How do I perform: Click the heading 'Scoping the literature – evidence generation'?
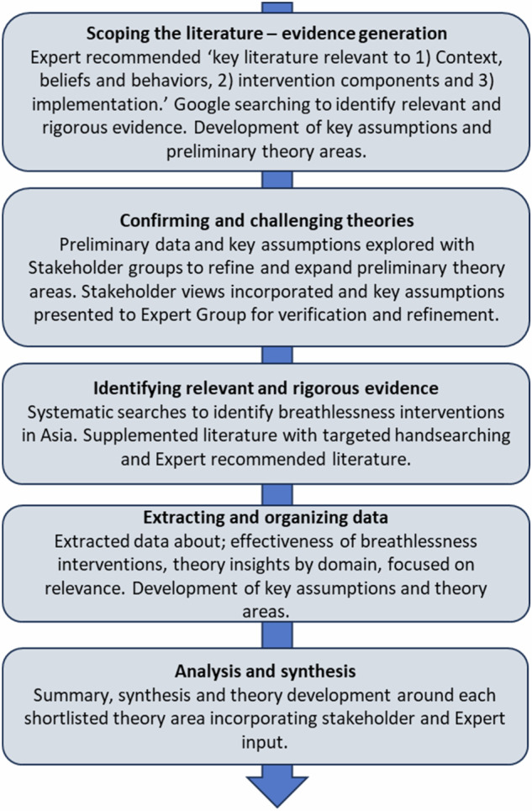(x=266, y=34)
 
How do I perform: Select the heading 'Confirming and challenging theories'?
(x=266, y=220)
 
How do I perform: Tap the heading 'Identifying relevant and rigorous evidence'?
(x=266, y=388)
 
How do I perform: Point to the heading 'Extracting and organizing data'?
(x=266, y=517)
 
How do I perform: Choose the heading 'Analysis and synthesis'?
(x=266, y=671)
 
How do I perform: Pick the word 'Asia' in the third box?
(x=60, y=435)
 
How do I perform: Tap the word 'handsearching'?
(x=452, y=435)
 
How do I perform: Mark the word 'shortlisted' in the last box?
(x=66, y=719)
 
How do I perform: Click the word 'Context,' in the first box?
(x=469, y=57)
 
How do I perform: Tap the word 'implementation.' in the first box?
(x=100, y=104)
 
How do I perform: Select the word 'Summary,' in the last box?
(x=73, y=695)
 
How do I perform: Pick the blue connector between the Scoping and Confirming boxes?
(x=277, y=180)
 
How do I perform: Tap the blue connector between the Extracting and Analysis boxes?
(x=277, y=635)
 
